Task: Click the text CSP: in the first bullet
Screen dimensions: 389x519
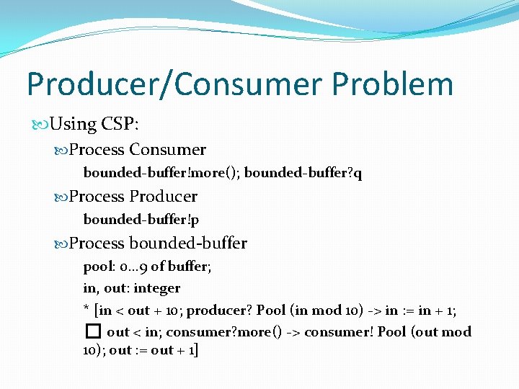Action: (x=120, y=123)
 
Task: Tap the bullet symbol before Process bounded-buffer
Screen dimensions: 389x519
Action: (x=61, y=243)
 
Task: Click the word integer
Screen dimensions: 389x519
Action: (x=156, y=288)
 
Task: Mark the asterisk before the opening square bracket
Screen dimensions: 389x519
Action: (x=86, y=309)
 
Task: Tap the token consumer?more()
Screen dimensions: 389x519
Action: (x=234, y=332)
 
